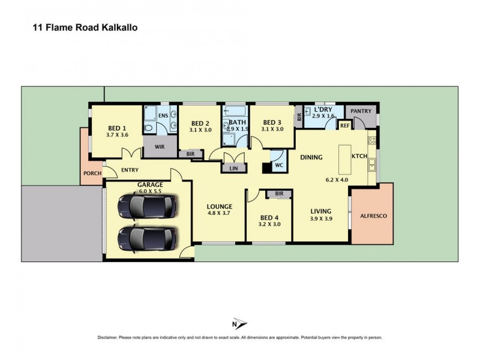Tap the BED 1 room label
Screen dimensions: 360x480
(x=117, y=128)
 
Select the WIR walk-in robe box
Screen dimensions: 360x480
(x=160, y=146)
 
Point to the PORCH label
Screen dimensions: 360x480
(x=92, y=173)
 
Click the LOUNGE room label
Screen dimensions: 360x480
(x=220, y=206)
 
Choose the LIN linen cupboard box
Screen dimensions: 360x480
(x=233, y=169)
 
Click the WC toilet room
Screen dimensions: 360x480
(x=279, y=164)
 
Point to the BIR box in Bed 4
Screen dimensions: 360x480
(x=279, y=194)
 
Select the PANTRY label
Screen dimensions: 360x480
(x=361, y=111)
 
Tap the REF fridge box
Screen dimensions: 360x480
(x=345, y=125)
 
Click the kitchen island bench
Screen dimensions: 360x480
(x=344, y=158)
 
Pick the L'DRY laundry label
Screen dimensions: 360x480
(x=323, y=110)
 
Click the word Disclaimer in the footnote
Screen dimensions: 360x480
(x=110, y=338)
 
